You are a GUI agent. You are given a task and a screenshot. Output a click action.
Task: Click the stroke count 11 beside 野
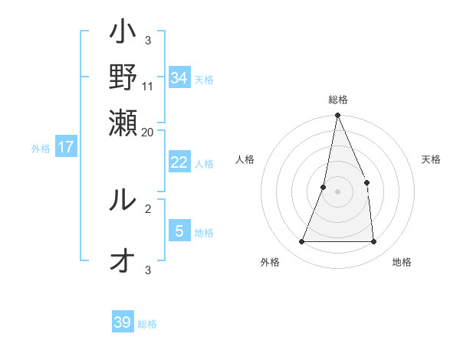pos(148,86)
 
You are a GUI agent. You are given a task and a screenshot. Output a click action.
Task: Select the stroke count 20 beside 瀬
pos(148,132)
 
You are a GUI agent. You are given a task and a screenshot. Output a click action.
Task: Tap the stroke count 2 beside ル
pos(148,207)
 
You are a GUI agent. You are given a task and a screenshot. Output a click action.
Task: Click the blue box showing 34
pos(179,77)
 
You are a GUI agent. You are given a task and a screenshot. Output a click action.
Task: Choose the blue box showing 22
pos(179,162)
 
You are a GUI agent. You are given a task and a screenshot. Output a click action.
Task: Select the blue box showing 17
pos(66,147)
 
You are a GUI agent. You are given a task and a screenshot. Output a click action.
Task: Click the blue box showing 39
pos(123,322)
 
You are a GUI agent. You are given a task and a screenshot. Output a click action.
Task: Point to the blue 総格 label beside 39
pos(147,324)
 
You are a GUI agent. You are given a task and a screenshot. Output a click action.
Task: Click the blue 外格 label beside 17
pos(41,149)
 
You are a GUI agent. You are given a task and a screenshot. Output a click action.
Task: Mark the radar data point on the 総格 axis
pos(337,116)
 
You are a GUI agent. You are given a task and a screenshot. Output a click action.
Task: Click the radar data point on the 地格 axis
pos(373,241)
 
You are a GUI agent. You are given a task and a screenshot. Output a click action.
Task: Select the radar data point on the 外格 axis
pos(301,241)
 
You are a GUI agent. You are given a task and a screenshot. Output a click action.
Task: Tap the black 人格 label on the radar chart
pos(245,159)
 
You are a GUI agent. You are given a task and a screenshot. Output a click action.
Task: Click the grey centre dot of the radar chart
pos(337,191)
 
